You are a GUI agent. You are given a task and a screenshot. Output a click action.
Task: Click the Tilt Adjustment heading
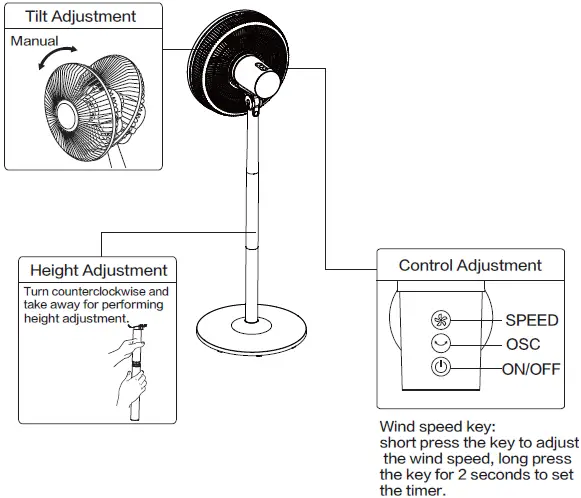80,17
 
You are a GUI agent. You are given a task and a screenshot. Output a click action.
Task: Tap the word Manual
34,41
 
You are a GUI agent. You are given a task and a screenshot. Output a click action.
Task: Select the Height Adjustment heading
99,270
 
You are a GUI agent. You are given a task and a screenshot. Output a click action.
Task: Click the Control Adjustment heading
470,265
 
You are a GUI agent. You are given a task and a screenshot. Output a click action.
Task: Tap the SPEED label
532,320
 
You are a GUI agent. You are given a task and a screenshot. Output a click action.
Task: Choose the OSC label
523,344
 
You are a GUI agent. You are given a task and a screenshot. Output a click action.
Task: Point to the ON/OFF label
531,369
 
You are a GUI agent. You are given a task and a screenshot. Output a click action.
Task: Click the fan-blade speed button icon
441,320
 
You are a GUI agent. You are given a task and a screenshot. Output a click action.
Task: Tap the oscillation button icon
441,343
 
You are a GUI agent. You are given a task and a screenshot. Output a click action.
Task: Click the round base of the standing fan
251,330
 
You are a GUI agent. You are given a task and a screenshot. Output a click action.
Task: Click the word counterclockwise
99,291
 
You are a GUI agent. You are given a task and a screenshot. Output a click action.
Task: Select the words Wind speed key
437,427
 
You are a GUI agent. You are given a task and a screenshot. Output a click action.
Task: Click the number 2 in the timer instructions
462,475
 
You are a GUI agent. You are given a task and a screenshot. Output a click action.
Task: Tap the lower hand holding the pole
131,389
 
